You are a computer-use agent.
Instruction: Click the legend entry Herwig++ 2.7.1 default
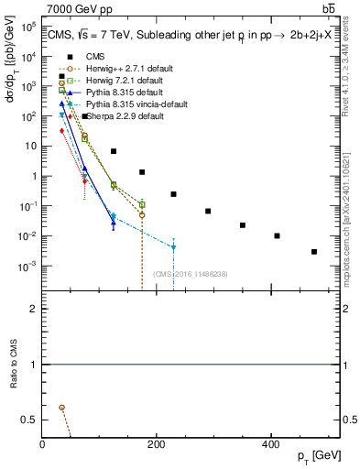click(x=115, y=69)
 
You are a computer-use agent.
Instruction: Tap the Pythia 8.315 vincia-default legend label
click(x=124, y=104)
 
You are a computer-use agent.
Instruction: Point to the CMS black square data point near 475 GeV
click(x=314, y=251)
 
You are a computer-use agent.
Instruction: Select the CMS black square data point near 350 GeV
click(x=243, y=224)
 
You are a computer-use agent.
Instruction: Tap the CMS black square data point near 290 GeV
click(x=208, y=211)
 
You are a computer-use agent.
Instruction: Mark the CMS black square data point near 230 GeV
click(x=173, y=194)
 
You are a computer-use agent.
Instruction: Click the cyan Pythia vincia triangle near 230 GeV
click(x=173, y=247)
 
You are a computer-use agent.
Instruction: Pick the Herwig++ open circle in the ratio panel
click(x=61, y=407)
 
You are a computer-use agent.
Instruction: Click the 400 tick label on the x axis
click(x=270, y=444)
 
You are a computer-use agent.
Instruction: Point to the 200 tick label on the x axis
click(x=156, y=444)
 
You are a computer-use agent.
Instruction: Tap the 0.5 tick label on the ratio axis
click(x=29, y=420)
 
